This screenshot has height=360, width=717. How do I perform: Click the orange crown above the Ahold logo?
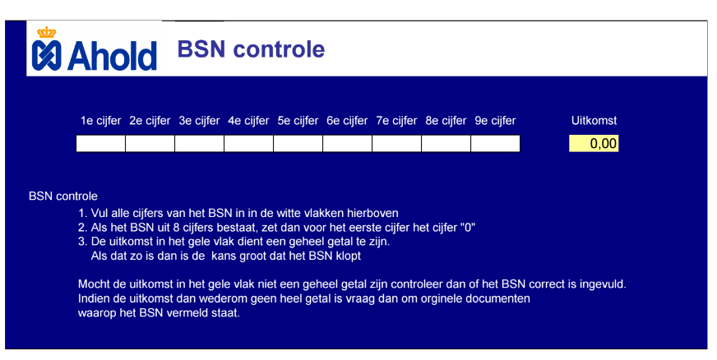[46, 32]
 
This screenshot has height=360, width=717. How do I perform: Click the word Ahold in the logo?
[113, 56]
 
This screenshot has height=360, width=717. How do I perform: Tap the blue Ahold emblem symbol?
[46, 56]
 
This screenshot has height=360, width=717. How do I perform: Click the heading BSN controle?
[251, 48]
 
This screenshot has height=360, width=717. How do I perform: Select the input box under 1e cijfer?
[100, 144]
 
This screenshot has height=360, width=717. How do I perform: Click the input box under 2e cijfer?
[150, 144]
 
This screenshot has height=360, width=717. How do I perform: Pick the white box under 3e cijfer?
[199, 144]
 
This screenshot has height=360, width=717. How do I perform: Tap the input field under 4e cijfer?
[249, 144]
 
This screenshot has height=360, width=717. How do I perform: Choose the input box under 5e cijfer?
[298, 144]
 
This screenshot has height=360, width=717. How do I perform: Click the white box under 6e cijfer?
[348, 144]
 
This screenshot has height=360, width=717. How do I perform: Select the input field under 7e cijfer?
[397, 144]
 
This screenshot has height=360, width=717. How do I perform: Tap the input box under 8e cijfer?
[446, 144]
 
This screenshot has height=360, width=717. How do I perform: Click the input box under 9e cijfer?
[496, 144]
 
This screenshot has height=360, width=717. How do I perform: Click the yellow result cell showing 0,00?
[594, 144]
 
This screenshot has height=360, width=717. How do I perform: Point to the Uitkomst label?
[594, 121]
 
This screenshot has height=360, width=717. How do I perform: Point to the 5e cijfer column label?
[298, 121]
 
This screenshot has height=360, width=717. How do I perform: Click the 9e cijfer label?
[495, 121]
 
